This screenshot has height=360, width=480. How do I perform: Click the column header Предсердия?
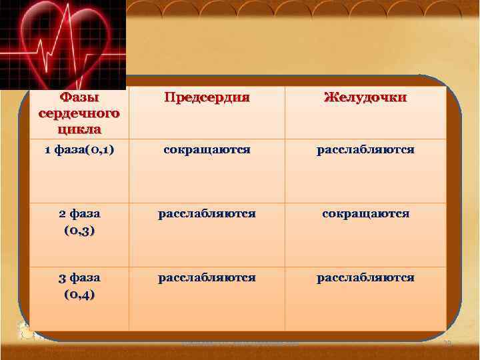point(207,97)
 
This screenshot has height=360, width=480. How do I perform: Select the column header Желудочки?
point(365,97)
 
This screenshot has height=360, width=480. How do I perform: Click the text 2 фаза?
point(79,214)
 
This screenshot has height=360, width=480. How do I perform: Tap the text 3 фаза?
point(79,278)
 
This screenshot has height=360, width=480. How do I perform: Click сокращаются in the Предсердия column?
point(207,150)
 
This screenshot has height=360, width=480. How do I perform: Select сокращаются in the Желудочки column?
point(365,214)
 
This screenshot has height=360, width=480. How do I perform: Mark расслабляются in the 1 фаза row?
point(365,150)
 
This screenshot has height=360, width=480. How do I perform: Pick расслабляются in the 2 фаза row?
point(207,214)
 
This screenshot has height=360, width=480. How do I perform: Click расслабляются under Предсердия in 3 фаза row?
point(207,278)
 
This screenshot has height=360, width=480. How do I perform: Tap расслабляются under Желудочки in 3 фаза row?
point(365,278)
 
